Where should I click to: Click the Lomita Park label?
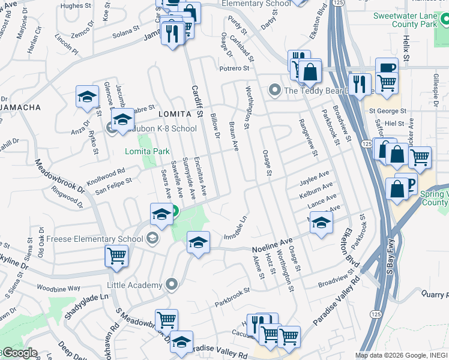pyautogui.click(x=147, y=151)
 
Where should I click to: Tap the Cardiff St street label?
pyautogui.click(x=197, y=100)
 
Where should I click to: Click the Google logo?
pyautogui.click(x=19, y=353)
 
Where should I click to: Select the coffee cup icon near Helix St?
pyautogui.click(x=387, y=68)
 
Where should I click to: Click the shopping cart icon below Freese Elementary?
pyautogui.click(x=116, y=256)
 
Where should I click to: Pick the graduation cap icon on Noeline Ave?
pyautogui.click(x=198, y=242)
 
